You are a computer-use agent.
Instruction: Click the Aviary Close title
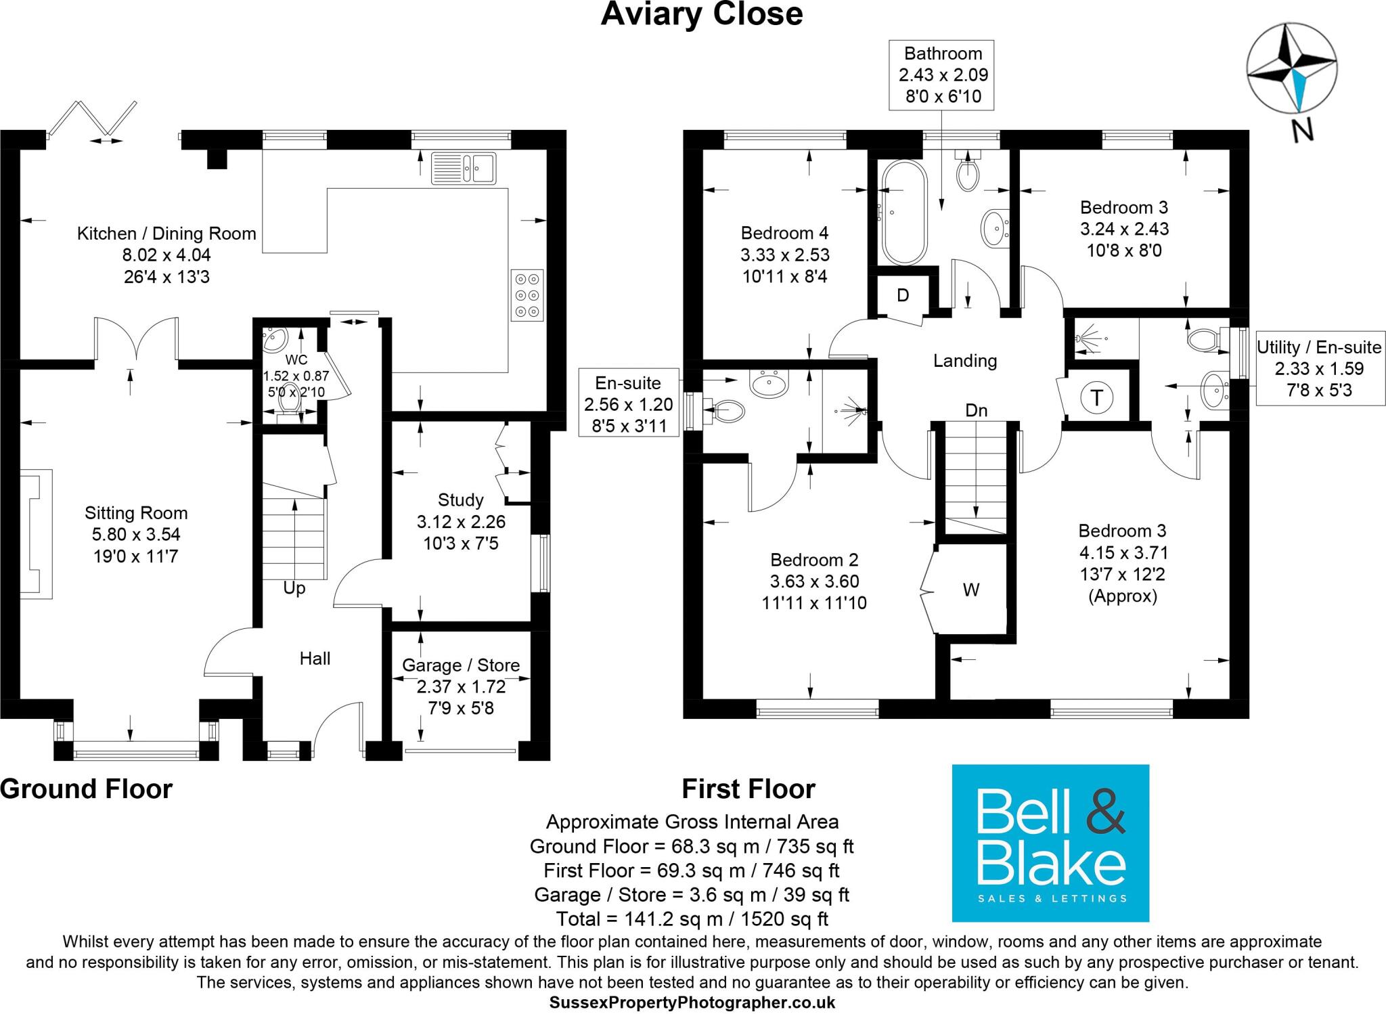click(702, 14)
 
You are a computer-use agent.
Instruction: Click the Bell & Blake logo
click(1050, 843)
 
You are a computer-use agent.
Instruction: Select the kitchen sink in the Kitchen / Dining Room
click(464, 168)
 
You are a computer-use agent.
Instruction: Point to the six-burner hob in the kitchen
click(527, 295)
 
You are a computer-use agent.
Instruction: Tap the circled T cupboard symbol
click(1096, 397)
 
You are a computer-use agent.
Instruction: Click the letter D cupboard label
click(902, 295)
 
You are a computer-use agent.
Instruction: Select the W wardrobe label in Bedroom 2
click(970, 590)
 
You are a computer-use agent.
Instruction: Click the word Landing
click(965, 361)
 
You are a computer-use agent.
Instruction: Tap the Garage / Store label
click(461, 665)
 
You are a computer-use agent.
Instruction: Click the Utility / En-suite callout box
click(1318, 368)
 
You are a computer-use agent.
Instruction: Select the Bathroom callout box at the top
click(943, 74)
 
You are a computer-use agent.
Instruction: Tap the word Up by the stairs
click(294, 588)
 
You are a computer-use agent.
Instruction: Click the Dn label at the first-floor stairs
click(976, 410)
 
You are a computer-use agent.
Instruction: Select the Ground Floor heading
click(87, 789)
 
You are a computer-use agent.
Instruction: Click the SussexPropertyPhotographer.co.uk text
click(692, 1002)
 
